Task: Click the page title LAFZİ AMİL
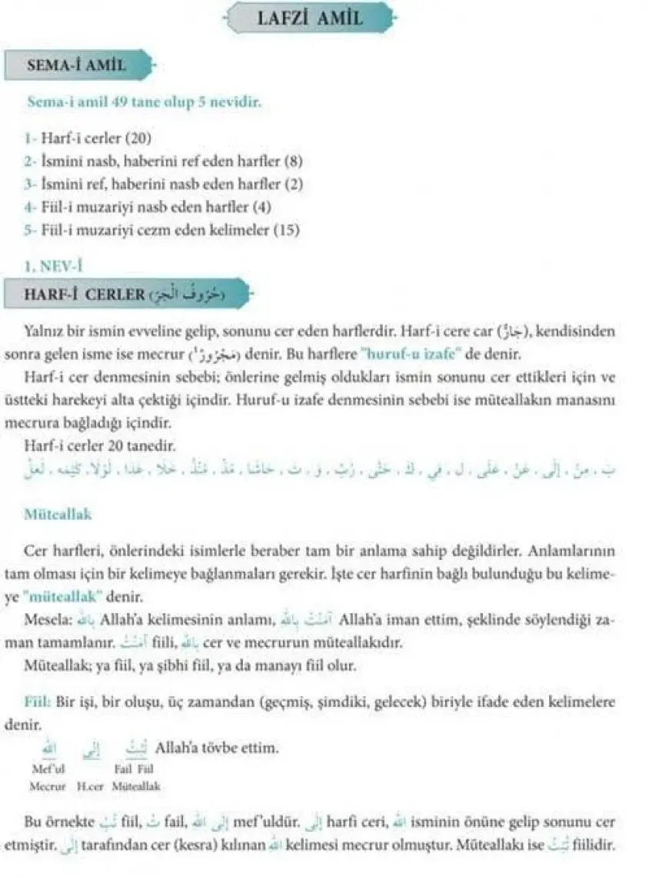tap(311, 17)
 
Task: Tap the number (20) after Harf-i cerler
tap(139, 139)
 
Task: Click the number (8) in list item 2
tap(294, 162)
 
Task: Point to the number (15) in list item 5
tap(287, 229)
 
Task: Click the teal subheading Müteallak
tap(58, 515)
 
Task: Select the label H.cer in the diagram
tap(90, 787)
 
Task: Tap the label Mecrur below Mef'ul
tap(48, 787)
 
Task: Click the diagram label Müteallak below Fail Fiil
tap(136, 787)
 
